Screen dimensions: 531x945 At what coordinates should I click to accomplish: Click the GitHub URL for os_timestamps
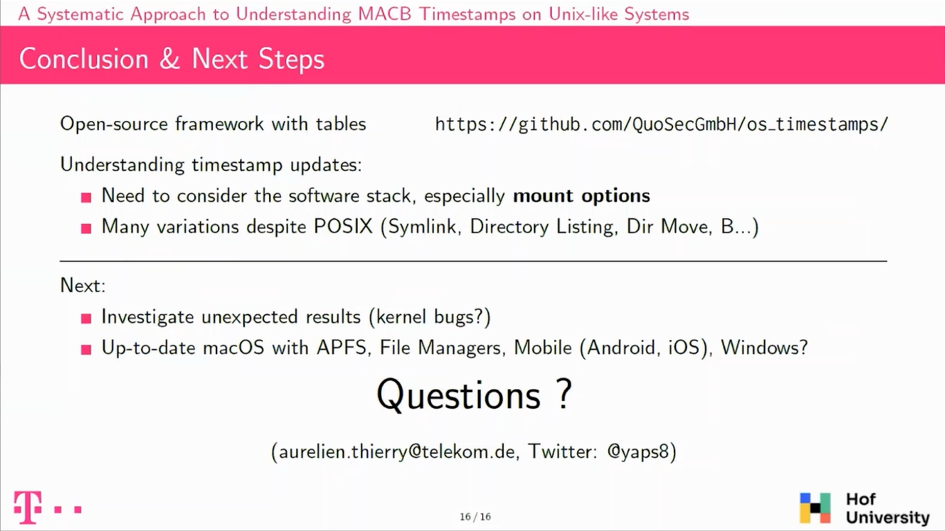point(661,124)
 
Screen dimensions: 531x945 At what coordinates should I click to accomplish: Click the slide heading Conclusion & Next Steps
point(172,59)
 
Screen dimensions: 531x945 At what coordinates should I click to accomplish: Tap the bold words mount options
point(581,196)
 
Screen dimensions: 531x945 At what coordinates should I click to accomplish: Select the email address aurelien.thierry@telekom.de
point(397,452)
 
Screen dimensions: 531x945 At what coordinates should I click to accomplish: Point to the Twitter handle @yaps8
point(638,452)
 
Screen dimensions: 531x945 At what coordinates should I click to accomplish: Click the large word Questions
point(458,395)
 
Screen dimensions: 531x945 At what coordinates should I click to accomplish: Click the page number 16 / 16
point(475,517)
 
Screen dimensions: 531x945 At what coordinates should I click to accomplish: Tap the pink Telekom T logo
point(28,507)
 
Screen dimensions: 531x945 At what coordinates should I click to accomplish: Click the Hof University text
point(887,508)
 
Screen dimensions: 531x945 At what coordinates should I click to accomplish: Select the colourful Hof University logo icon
point(815,508)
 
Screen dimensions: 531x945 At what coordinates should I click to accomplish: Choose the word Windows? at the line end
point(764,348)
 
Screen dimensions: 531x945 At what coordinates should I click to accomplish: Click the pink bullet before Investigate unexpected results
point(86,318)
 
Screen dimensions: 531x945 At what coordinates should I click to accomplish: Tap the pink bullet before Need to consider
point(86,198)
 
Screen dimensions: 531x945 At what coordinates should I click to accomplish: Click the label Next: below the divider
point(83,286)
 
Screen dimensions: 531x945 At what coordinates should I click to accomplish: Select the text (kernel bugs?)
point(429,317)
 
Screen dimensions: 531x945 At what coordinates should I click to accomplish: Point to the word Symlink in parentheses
point(423,227)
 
